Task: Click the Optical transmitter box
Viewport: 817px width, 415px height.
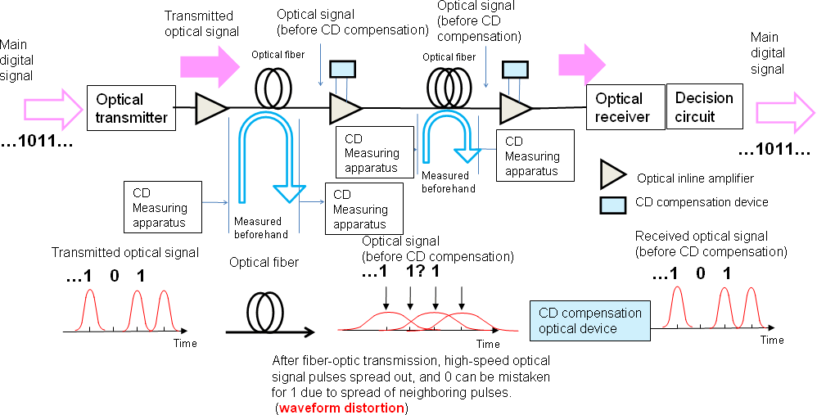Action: (131, 109)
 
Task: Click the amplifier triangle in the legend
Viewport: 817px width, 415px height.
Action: (613, 176)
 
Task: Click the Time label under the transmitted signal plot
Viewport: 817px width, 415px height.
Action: (185, 343)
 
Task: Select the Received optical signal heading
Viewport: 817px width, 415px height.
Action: (711, 244)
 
